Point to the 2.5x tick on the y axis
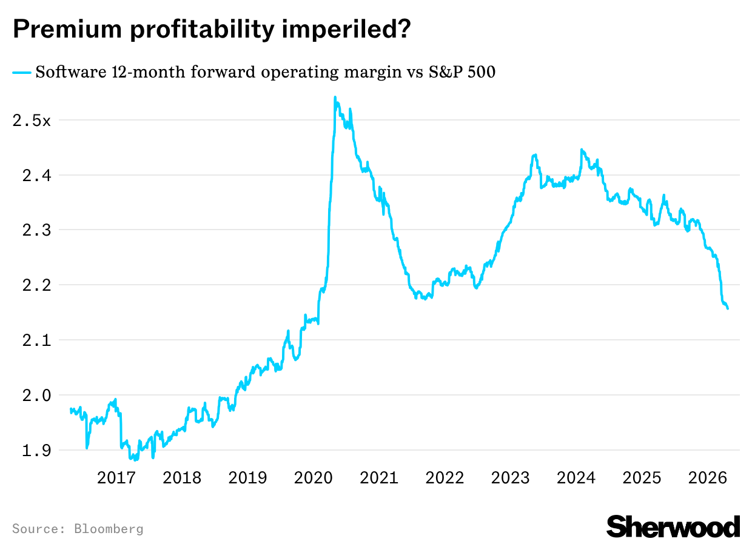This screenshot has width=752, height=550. (x=32, y=121)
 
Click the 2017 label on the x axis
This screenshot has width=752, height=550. (x=116, y=478)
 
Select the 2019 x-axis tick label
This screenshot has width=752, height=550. (x=247, y=478)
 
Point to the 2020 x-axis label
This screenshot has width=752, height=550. (x=313, y=478)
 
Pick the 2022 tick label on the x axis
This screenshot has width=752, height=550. (x=445, y=478)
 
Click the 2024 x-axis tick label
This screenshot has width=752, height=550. (x=576, y=478)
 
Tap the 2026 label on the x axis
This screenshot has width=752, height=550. (x=708, y=478)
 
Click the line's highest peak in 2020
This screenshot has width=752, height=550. (x=335, y=98)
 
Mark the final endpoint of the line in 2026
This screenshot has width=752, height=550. (x=728, y=309)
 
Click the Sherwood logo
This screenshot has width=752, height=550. (x=673, y=526)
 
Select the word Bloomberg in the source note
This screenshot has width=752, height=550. (x=109, y=529)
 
